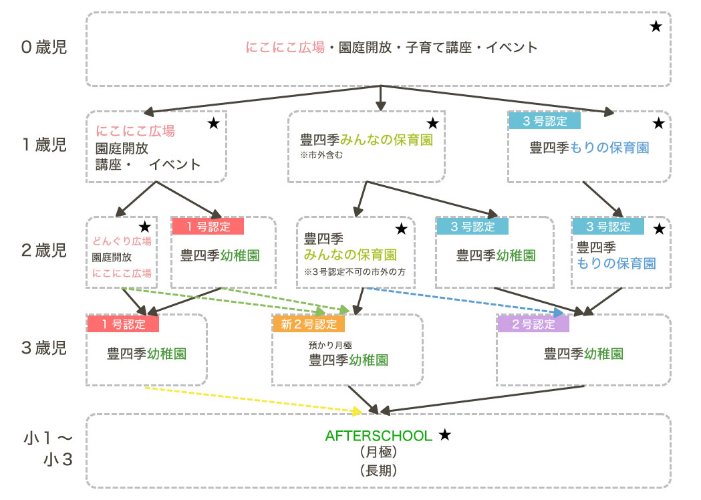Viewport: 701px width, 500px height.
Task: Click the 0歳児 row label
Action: (x=44, y=47)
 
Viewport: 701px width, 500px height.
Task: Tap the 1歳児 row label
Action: (x=44, y=146)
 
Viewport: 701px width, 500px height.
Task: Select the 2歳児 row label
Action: (x=44, y=251)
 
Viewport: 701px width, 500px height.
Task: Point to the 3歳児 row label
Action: (x=44, y=348)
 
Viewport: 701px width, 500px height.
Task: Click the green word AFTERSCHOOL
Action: (x=379, y=436)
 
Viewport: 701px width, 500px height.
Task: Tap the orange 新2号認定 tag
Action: (x=309, y=324)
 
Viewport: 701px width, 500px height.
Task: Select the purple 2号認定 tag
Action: (x=533, y=324)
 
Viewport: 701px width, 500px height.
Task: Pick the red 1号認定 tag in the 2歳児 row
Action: (x=208, y=226)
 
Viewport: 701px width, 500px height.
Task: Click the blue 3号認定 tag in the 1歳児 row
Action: (x=544, y=121)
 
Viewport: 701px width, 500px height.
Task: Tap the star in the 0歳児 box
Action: (x=656, y=27)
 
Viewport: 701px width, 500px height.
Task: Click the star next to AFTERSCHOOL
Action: (x=445, y=435)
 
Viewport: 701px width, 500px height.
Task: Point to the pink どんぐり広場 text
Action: (x=122, y=241)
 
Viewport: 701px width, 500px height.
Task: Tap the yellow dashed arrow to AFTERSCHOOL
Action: (x=254, y=399)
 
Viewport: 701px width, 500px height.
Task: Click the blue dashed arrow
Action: (x=468, y=300)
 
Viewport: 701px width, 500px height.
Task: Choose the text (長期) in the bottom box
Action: (x=379, y=470)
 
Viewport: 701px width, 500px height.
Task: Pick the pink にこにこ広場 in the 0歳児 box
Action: (x=285, y=47)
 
